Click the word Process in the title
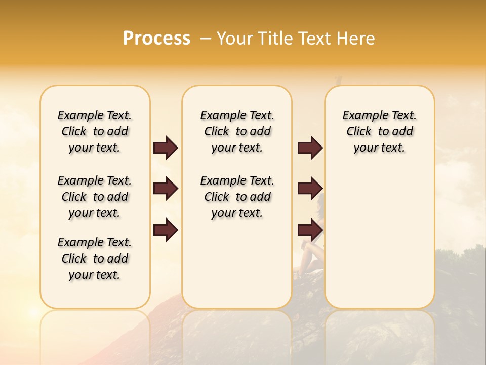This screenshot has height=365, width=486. (156, 39)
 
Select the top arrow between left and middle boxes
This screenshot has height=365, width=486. (166, 148)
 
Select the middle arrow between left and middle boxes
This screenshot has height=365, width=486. (166, 189)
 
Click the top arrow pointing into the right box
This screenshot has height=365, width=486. (310, 148)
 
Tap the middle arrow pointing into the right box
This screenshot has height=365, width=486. (310, 189)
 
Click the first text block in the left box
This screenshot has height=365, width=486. (95, 131)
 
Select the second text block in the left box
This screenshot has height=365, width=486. (95, 197)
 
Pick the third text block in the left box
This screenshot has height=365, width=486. (95, 259)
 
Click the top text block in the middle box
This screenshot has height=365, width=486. (237, 131)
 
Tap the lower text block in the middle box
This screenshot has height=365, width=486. (237, 197)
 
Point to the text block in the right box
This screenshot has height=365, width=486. (379, 131)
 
